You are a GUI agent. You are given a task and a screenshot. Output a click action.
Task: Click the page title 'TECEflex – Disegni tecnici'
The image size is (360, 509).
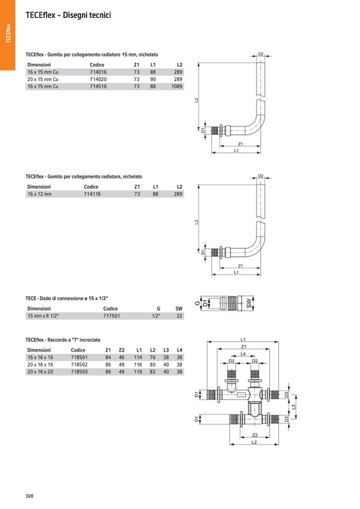tap(68, 15)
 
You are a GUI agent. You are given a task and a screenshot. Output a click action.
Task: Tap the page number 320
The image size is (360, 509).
tap(30, 496)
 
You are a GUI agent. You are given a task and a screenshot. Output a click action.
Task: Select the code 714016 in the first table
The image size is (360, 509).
tap(98, 72)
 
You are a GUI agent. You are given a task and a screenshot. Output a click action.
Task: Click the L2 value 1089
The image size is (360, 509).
tap(177, 87)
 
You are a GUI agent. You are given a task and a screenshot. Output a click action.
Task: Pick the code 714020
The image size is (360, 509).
tap(98, 79)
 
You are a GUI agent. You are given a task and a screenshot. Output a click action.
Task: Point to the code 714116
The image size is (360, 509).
tap(92, 194)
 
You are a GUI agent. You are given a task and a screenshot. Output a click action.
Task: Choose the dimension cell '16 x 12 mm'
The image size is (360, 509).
tap(40, 194)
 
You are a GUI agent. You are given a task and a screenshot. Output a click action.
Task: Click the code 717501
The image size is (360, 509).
tap(112, 315)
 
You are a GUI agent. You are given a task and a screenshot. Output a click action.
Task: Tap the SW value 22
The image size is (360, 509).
tap(179, 315)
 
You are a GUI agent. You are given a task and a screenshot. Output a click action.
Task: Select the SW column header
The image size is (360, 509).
tap(179, 308)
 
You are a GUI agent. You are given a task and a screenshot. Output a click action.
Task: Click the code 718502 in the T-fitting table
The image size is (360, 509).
tap(79, 365)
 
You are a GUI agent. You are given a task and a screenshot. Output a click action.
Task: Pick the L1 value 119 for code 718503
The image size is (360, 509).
tap(138, 372)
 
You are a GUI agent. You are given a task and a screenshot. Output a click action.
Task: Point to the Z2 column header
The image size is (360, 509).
tap(122, 350)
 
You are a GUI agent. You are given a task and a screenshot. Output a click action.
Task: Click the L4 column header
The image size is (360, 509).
tap(179, 350)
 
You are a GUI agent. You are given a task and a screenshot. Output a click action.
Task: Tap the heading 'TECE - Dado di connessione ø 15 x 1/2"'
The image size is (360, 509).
tap(66, 298)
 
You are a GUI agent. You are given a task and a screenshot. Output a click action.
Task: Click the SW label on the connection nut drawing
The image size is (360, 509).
tap(249, 303)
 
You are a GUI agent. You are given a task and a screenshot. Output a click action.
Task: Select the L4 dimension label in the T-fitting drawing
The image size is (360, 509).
tap(243, 354)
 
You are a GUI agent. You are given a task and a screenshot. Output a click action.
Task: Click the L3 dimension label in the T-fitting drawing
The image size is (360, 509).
tap(294, 407)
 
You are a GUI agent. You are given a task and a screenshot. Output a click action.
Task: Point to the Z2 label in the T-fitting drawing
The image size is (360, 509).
tap(255, 435)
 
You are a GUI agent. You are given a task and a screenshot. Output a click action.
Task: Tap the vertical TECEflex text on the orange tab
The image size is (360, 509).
tap(8, 33)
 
